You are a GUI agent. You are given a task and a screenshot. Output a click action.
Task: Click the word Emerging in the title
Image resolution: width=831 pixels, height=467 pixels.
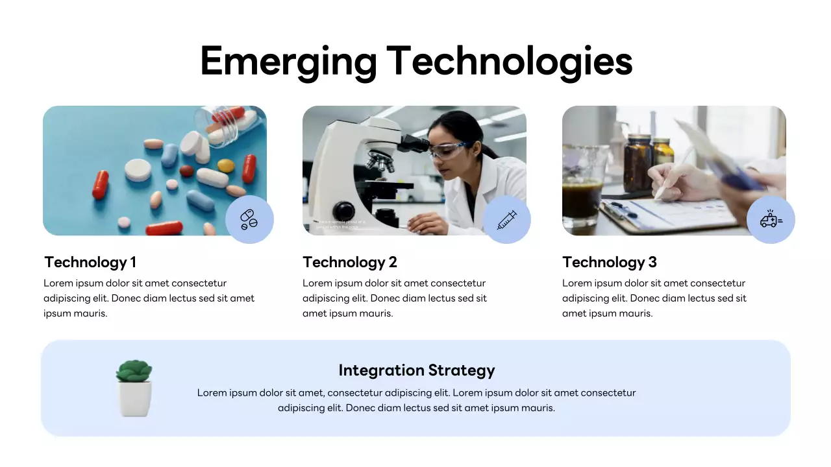[288, 62]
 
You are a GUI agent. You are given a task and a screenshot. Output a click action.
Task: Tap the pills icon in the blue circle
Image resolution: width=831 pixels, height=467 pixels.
[249, 219]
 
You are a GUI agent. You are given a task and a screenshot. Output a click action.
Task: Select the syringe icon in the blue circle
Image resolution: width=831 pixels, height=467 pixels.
[507, 219]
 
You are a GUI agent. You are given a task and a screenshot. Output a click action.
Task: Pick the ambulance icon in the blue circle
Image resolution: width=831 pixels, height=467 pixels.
[771, 219]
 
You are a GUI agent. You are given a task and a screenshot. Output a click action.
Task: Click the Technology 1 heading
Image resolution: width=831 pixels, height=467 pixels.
[90, 262]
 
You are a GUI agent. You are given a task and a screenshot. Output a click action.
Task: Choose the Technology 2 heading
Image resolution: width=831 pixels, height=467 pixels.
[349, 262]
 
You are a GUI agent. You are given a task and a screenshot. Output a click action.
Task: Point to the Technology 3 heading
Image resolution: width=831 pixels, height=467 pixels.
[609, 262]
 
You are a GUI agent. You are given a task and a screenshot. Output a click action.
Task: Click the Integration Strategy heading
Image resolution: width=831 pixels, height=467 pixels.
[416, 370]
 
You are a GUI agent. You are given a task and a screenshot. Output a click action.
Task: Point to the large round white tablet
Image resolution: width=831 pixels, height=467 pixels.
[138, 170]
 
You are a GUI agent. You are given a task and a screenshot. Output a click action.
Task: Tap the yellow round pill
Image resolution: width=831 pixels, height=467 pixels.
[225, 165]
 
